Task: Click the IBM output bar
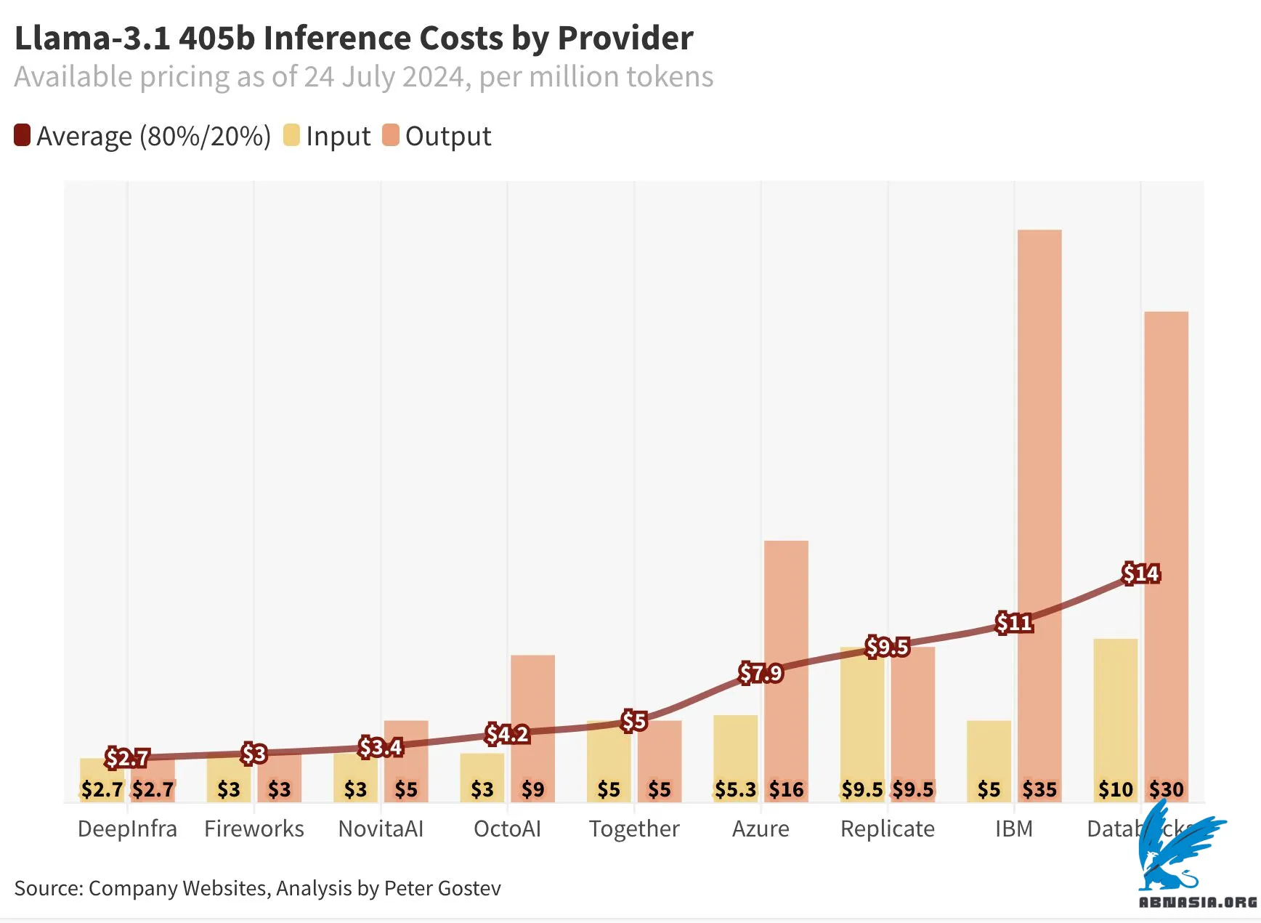[x=1039, y=436]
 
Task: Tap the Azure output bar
[x=786, y=618]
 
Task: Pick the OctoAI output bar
[x=532, y=698]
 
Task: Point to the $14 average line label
[x=1140, y=573]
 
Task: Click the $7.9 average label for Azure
[x=761, y=673]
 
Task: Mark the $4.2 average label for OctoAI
[x=507, y=734]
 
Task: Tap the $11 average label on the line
[x=1014, y=623]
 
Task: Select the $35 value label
[x=1039, y=789]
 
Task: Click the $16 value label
[x=786, y=789]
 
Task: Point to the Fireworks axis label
[x=254, y=829]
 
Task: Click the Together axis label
[x=634, y=829]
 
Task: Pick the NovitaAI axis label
[x=381, y=829]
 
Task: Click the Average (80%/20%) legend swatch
[x=23, y=136]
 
